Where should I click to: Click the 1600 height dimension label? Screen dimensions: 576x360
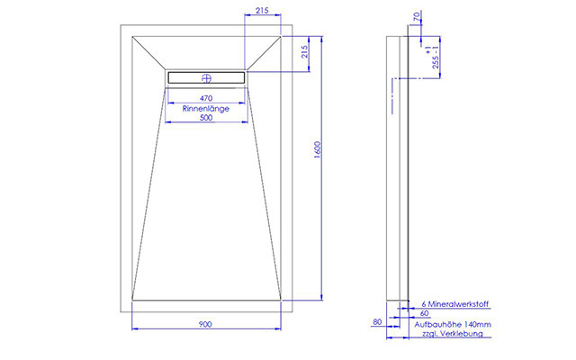(x=318, y=149)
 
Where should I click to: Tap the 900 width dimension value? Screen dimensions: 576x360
(x=205, y=324)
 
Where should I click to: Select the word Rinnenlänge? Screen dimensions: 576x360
(x=206, y=108)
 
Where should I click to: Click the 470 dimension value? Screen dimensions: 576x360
(x=206, y=98)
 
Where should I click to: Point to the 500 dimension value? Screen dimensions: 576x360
(x=206, y=118)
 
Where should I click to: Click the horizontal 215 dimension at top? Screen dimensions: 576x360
(x=262, y=10)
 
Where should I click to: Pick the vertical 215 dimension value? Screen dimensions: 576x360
(x=304, y=52)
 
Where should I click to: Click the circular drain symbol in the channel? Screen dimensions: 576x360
(x=206, y=78)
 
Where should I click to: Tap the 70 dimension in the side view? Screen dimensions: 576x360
(x=416, y=16)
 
